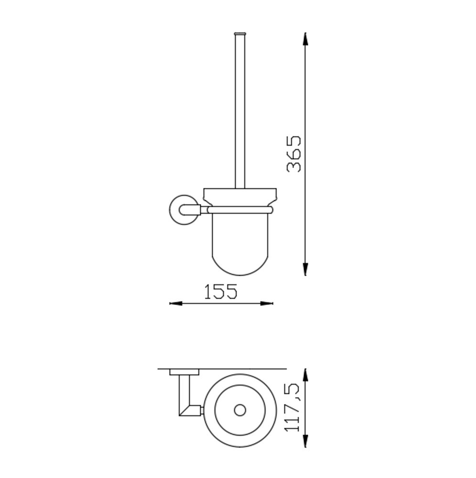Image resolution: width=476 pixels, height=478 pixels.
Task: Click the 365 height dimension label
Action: tap(294, 153)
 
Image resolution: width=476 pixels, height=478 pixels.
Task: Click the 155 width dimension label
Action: tap(221, 292)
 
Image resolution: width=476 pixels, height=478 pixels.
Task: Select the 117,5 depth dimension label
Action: tap(292, 408)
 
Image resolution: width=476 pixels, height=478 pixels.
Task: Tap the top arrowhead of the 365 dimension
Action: tap(305, 39)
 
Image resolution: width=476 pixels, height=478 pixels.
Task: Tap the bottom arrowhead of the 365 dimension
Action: tap(305, 269)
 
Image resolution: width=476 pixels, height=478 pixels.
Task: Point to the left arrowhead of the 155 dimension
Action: tap(176, 304)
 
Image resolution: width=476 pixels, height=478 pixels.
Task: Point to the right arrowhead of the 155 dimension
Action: tap(267, 304)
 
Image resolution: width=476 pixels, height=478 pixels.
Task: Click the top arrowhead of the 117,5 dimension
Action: tap(305, 375)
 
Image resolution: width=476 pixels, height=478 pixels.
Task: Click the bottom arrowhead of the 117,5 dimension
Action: tap(305, 441)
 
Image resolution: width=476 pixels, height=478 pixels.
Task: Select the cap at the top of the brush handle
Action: tap(240, 33)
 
